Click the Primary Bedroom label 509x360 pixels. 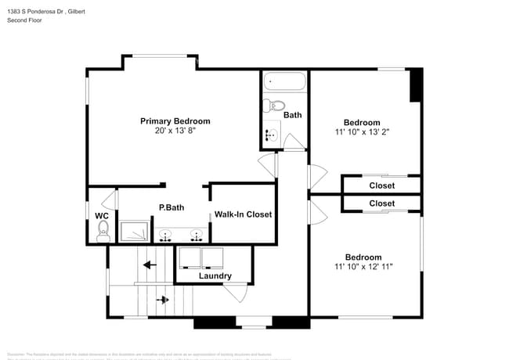[x=175, y=121]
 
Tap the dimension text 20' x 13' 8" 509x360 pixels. [x=175, y=131]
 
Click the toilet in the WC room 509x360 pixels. [x=103, y=230]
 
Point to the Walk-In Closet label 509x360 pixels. [x=243, y=214]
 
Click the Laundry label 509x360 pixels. [x=215, y=275]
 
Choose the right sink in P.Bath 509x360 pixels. [x=196, y=234]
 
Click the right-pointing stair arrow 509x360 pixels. [x=163, y=299]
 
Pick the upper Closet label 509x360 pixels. [x=381, y=185]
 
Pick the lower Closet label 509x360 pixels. [x=381, y=203]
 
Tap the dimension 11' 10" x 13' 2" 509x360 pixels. [x=362, y=132]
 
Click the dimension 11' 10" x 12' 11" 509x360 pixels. [x=363, y=267]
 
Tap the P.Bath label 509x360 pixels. [x=171, y=207]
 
